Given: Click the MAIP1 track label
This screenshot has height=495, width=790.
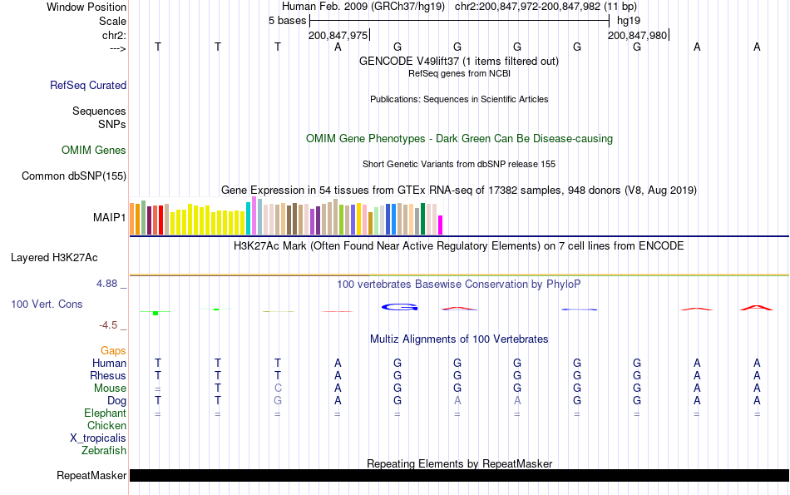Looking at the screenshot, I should coord(110,217).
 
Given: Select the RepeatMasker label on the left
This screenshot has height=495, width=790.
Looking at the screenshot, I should coord(91,476).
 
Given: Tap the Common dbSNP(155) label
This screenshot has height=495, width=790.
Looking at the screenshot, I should coord(74,176).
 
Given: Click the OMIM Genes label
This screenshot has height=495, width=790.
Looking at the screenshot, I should coord(94,151).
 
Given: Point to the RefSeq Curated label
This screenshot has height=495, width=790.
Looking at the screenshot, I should coord(88,85).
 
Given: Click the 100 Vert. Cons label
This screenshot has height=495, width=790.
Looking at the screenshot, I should coord(47,304).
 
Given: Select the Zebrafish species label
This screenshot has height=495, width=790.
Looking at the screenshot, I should coord(104,451).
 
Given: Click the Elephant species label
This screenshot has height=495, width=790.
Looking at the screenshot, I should coord(105,413).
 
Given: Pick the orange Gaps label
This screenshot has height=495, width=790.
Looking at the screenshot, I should coord(113,351).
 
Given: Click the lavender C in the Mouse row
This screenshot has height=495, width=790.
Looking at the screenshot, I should coord(278,389).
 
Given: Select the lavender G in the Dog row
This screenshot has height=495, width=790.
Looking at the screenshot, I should coord(278,401).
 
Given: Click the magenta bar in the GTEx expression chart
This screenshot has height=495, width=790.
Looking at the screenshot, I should coord(441,225).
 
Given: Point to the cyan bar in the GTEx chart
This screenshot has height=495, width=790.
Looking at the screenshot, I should coord(249,219).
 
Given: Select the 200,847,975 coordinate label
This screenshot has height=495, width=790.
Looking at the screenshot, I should coord(338,35).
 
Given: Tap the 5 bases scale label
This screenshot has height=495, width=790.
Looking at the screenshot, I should coord(288,21).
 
